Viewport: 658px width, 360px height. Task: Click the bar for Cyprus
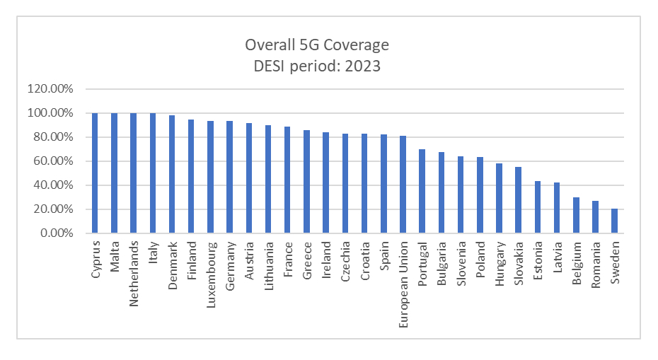coord(95,173)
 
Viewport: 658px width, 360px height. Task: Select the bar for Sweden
coord(614,221)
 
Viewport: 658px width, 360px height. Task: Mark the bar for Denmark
coord(172,174)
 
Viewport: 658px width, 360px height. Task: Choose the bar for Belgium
coord(576,215)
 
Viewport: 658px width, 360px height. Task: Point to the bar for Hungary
coord(499,198)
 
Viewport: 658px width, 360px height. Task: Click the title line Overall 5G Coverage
coord(317,45)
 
